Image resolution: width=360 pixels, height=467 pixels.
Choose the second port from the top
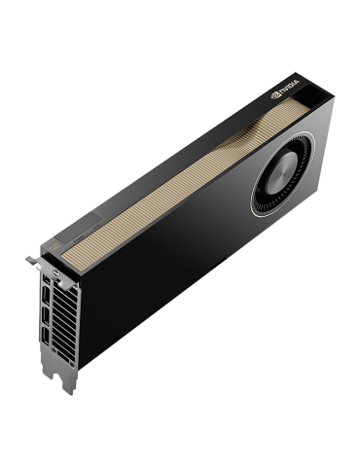pyautogui.click(x=44, y=298)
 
